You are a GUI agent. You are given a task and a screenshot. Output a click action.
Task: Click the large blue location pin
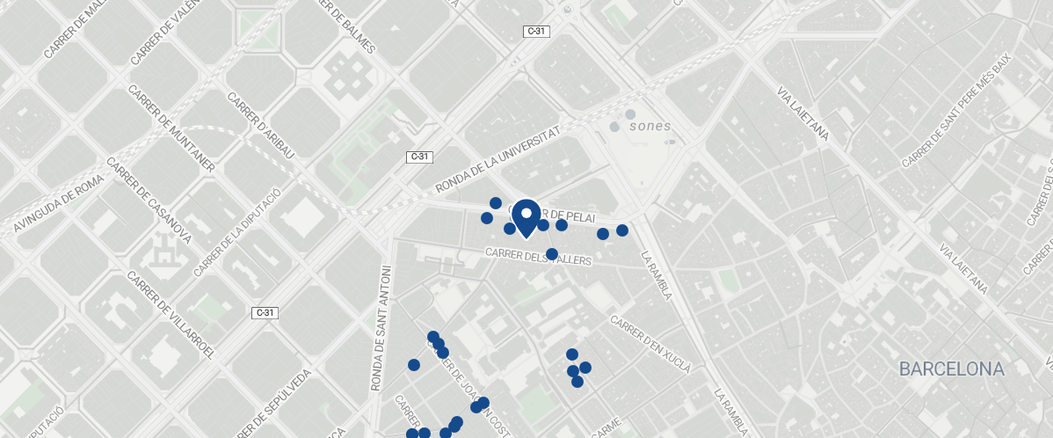point(526,217)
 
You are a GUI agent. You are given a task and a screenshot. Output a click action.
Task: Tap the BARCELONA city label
point(951,369)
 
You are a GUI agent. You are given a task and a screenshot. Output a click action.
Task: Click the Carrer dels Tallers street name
point(539,257)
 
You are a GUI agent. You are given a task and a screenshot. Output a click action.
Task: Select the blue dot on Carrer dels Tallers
point(552,254)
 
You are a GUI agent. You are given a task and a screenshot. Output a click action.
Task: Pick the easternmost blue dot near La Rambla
point(622,230)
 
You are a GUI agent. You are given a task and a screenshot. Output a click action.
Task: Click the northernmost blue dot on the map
point(496,203)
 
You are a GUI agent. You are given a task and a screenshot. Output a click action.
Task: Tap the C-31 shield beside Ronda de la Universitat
point(420,157)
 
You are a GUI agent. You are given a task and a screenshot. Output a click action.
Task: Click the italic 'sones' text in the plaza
point(650,126)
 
